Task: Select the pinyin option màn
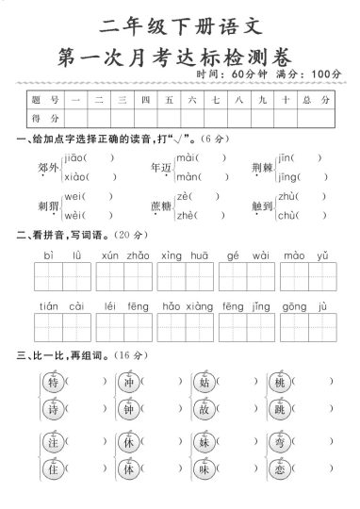tap(188, 176)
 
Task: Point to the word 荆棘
tap(262, 168)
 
